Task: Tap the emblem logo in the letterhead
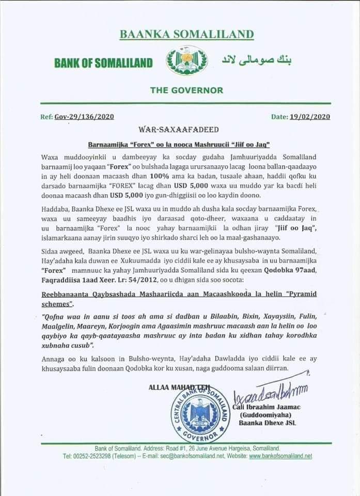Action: (186, 61)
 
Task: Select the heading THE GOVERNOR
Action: (186, 90)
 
